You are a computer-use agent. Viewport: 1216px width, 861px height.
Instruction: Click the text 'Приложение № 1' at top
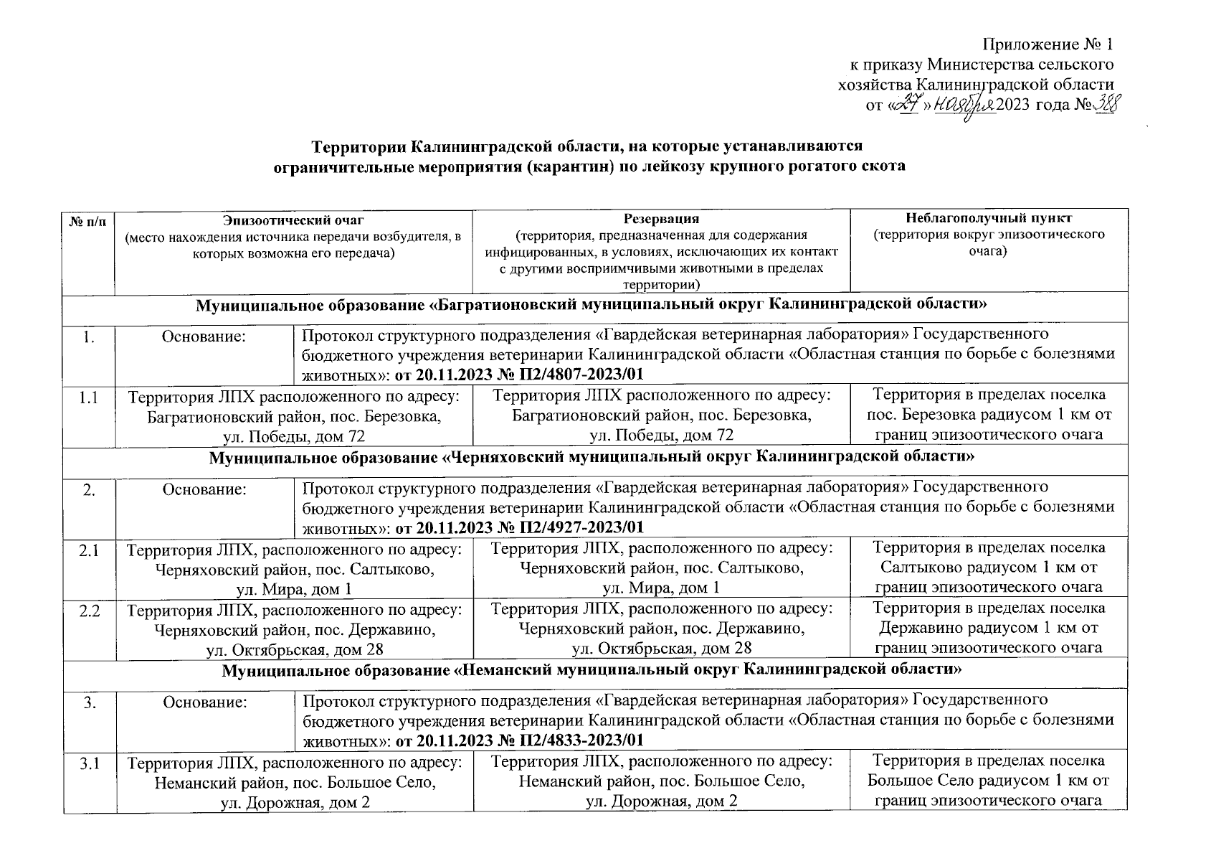tap(1048, 44)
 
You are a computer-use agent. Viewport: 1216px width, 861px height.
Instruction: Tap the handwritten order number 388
tap(1106, 105)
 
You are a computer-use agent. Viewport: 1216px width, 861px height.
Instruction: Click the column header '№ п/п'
tap(88, 220)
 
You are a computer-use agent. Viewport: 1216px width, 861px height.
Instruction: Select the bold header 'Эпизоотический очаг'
tap(293, 219)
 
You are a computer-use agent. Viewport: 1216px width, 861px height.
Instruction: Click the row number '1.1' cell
tap(89, 396)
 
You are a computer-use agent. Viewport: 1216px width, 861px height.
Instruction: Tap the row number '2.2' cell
tap(89, 610)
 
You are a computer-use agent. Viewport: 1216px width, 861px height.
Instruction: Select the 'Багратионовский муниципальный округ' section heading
tap(592, 304)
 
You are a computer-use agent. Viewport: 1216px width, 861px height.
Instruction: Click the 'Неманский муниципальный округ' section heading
tap(592, 671)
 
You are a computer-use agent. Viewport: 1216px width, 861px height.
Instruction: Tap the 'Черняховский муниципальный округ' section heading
tap(592, 456)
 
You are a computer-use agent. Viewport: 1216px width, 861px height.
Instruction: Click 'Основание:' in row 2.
tap(204, 489)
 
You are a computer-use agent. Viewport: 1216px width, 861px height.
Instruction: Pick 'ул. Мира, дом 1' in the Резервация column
tap(660, 588)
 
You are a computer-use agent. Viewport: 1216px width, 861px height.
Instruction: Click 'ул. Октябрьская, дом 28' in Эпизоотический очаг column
tap(294, 649)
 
